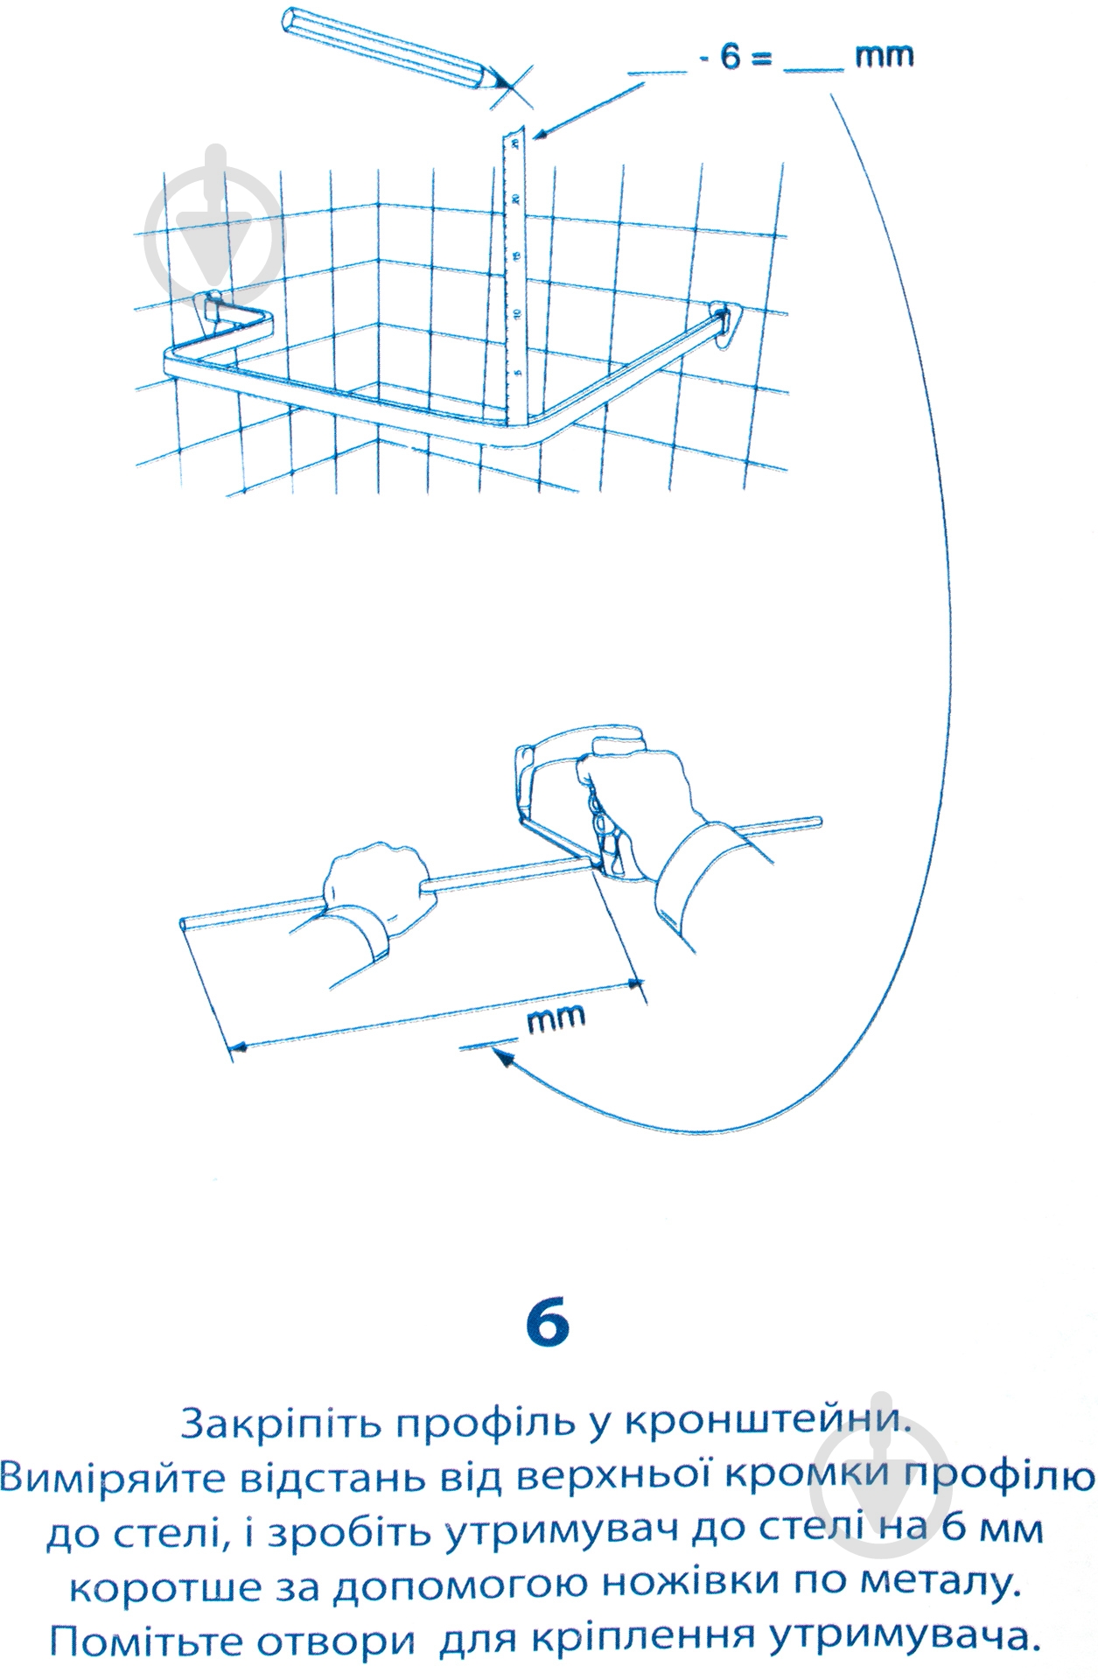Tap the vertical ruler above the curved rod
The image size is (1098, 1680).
tap(517, 271)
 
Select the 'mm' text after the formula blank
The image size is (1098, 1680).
tap(884, 58)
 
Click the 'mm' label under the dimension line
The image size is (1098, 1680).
tap(556, 1018)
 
